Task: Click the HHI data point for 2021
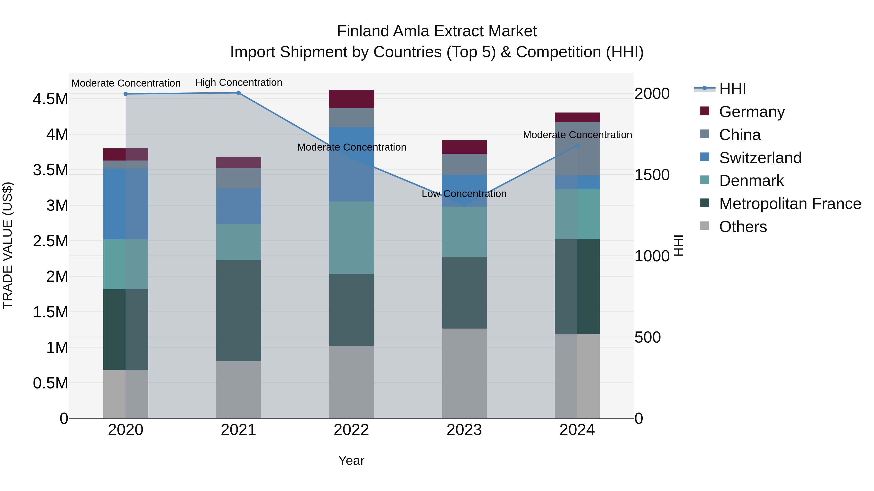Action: tap(238, 93)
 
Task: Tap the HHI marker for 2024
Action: tap(577, 146)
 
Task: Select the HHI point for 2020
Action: tap(126, 94)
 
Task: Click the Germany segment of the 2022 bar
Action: tap(352, 99)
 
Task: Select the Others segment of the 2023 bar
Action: tap(464, 373)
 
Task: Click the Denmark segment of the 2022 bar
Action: tap(352, 238)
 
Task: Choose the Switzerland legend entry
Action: tap(760, 158)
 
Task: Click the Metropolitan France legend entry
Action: tap(790, 204)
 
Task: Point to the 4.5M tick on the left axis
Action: tap(50, 99)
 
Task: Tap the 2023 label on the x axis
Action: tap(464, 430)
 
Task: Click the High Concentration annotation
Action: tap(238, 82)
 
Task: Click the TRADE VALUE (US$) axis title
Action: tap(8, 246)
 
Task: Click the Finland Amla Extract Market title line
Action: tap(437, 31)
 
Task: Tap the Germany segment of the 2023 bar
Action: tap(464, 147)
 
